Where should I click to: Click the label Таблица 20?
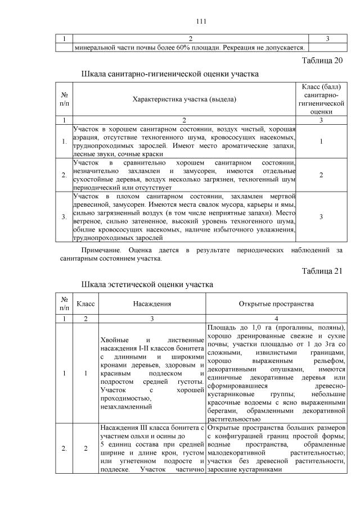(322, 61)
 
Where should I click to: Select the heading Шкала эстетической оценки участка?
(147, 284)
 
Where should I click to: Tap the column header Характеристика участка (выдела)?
(184, 99)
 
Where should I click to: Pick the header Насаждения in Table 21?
(152, 304)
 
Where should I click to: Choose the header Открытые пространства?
(276, 304)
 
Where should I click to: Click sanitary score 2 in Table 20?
(321, 175)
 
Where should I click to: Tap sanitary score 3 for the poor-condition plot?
(321, 216)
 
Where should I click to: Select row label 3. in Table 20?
(65, 216)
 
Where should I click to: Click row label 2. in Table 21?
(65, 448)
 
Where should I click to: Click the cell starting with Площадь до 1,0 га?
(276, 371)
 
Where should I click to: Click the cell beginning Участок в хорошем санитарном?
(184, 141)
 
